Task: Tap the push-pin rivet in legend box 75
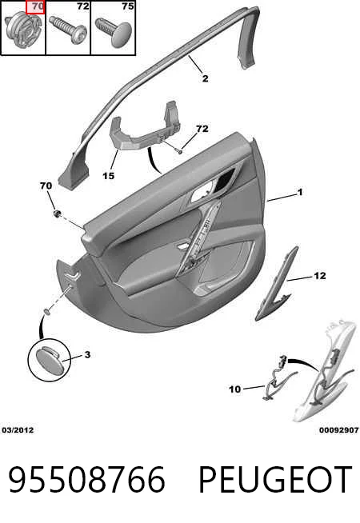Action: [114, 32]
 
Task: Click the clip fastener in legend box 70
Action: [24, 30]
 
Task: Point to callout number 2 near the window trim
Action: [205, 78]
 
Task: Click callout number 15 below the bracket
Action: [109, 175]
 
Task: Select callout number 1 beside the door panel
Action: [300, 192]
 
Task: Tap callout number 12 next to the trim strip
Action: [320, 276]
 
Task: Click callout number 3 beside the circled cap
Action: [87, 354]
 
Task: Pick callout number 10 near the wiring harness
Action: [234, 389]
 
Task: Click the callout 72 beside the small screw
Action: [202, 129]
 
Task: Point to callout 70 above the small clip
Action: [46, 186]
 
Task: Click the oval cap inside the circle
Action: [49, 359]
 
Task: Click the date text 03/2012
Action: [18, 430]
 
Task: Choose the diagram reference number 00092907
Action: [338, 430]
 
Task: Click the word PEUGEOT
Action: [275, 480]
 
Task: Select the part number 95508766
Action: [86, 480]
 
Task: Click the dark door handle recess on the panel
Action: [225, 181]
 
